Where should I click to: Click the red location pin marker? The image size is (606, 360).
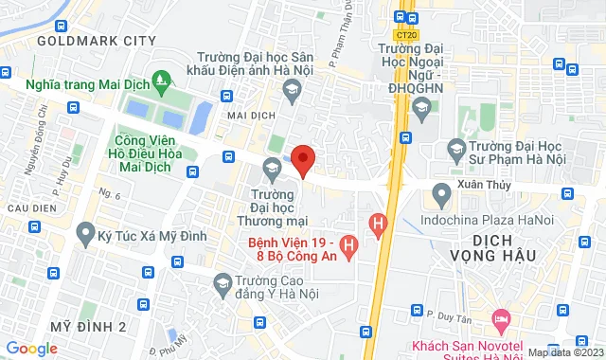(303, 159)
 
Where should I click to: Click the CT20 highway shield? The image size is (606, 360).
(407, 35)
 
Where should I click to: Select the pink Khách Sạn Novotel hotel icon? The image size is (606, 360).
(501, 317)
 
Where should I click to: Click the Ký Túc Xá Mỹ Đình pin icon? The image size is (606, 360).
(85, 231)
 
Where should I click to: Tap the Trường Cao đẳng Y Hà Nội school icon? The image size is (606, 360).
(222, 282)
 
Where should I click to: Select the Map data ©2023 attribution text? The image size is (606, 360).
(565, 352)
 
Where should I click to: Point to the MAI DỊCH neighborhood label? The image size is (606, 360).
(244, 117)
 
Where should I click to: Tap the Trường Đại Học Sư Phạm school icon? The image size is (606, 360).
(455, 148)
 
